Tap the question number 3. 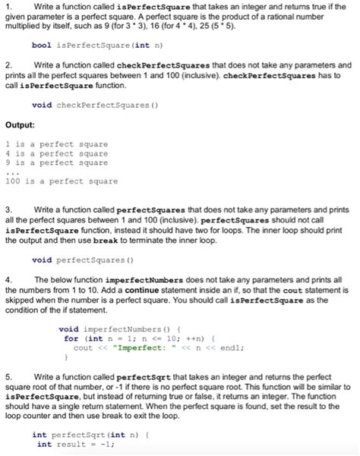pos(8,208)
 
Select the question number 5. pos(8,376)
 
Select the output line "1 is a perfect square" pos(56,143)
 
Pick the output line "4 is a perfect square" pos(56,153)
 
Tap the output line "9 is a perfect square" pos(56,163)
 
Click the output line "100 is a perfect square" pos(61,181)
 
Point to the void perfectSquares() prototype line pos(80,260)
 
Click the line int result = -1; pos(75,445)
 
